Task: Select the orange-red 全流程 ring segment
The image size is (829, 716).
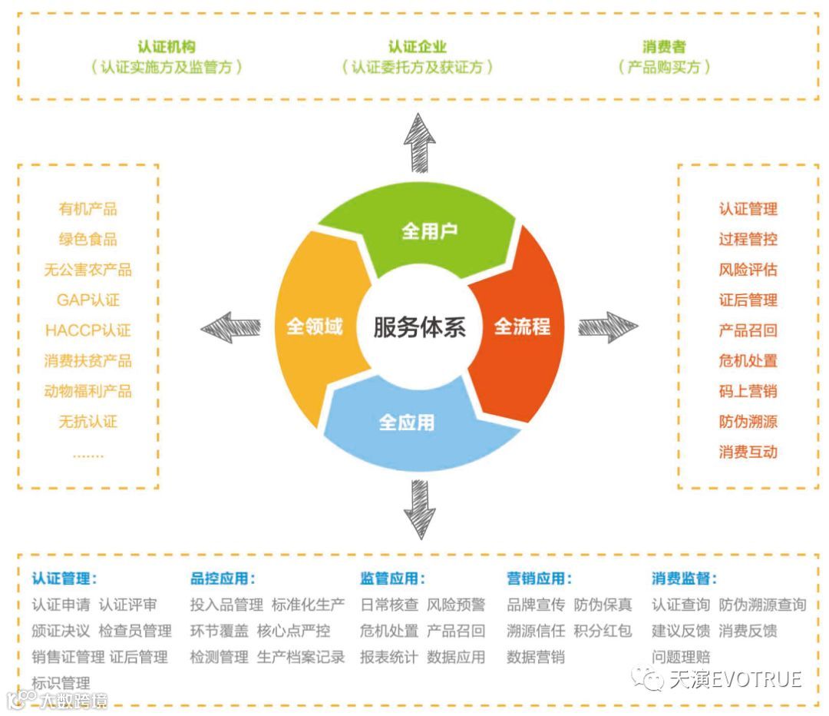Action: click(522, 327)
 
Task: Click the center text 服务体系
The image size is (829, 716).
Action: click(419, 327)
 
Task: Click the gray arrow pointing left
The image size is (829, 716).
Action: click(230, 327)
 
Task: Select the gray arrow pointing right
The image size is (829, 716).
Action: click(607, 327)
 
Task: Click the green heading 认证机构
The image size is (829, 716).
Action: click(167, 48)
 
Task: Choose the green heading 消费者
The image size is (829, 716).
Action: click(664, 48)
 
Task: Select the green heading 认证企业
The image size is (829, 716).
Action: click(417, 48)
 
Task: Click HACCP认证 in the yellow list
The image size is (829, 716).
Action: click(88, 330)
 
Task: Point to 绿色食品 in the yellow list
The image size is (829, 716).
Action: click(88, 239)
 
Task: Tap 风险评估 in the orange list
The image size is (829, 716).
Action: click(748, 270)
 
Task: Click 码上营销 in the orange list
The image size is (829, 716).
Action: click(748, 391)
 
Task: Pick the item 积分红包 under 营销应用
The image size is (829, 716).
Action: click(603, 631)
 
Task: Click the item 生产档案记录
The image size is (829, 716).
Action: click(301, 657)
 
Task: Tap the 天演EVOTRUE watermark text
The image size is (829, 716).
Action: click(735, 679)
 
